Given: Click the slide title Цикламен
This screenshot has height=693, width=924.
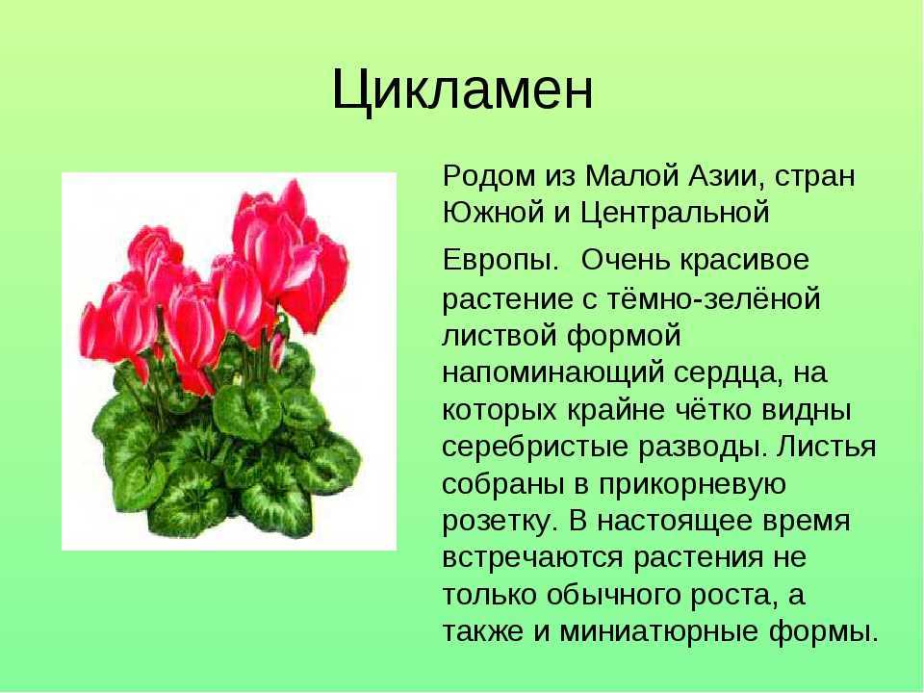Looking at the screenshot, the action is pyautogui.click(x=463, y=90).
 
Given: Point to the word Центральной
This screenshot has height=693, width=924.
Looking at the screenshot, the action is pyautogui.click(x=675, y=214).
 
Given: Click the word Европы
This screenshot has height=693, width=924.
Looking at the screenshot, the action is pyautogui.click(x=500, y=261).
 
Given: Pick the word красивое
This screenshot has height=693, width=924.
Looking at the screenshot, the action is pyautogui.click(x=745, y=260).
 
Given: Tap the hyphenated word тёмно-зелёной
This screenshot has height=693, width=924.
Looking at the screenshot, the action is pyautogui.click(x=713, y=297).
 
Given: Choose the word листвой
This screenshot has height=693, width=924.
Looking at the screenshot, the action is pyautogui.click(x=500, y=335).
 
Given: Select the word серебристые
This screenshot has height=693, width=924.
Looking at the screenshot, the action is pyautogui.click(x=535, y=448).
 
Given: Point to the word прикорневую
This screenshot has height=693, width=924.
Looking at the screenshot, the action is pyautogui.click(x=692, y=484).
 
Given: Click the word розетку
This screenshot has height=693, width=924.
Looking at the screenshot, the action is pyautogui.click(x=500, y=522).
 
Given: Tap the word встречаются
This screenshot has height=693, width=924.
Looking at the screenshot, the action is pyautogui.click(x=532, y=558).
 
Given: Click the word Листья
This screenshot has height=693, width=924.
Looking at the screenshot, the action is pyautogui.click(x=826, y=448).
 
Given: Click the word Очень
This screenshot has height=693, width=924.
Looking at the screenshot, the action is pyautogui.click(x=626, y=260).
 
